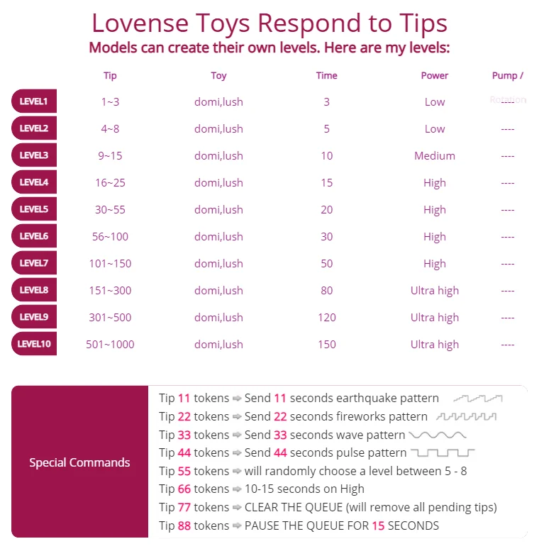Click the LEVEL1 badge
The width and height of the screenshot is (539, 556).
click(x=33, y=101)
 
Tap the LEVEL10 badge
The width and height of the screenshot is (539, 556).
click(x=33, y=344)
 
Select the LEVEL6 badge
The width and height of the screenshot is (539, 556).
click(x=33, y=236)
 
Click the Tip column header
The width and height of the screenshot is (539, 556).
click(x=110, y=76)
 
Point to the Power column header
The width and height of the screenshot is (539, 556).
click(x=435, y=76)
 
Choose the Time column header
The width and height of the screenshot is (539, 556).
click(x=326, y=76)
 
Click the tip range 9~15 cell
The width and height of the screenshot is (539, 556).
click(x=110, y=155)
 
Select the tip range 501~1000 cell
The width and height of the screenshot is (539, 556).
click(x=110, y=344)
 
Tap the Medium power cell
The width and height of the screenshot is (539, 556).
click(x=435, y=155)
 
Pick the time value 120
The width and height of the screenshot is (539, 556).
click(x=326, y=317)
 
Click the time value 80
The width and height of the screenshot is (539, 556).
click(x=326, y=290)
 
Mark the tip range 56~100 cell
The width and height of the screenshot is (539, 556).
click(x=110, y=236)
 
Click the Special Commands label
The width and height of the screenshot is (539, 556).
click(x=79, y=462)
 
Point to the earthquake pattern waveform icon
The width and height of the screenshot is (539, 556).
click(x=478, y=399)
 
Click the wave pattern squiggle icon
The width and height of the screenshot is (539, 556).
click(x=438, y=435)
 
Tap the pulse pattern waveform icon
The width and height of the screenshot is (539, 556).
click(x=443, y=452)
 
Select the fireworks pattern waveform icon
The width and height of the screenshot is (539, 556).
click(x=466, y=416)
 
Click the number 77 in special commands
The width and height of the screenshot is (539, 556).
click(x=184, y=507)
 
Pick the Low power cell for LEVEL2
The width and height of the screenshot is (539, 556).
click(x=435, y=128)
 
